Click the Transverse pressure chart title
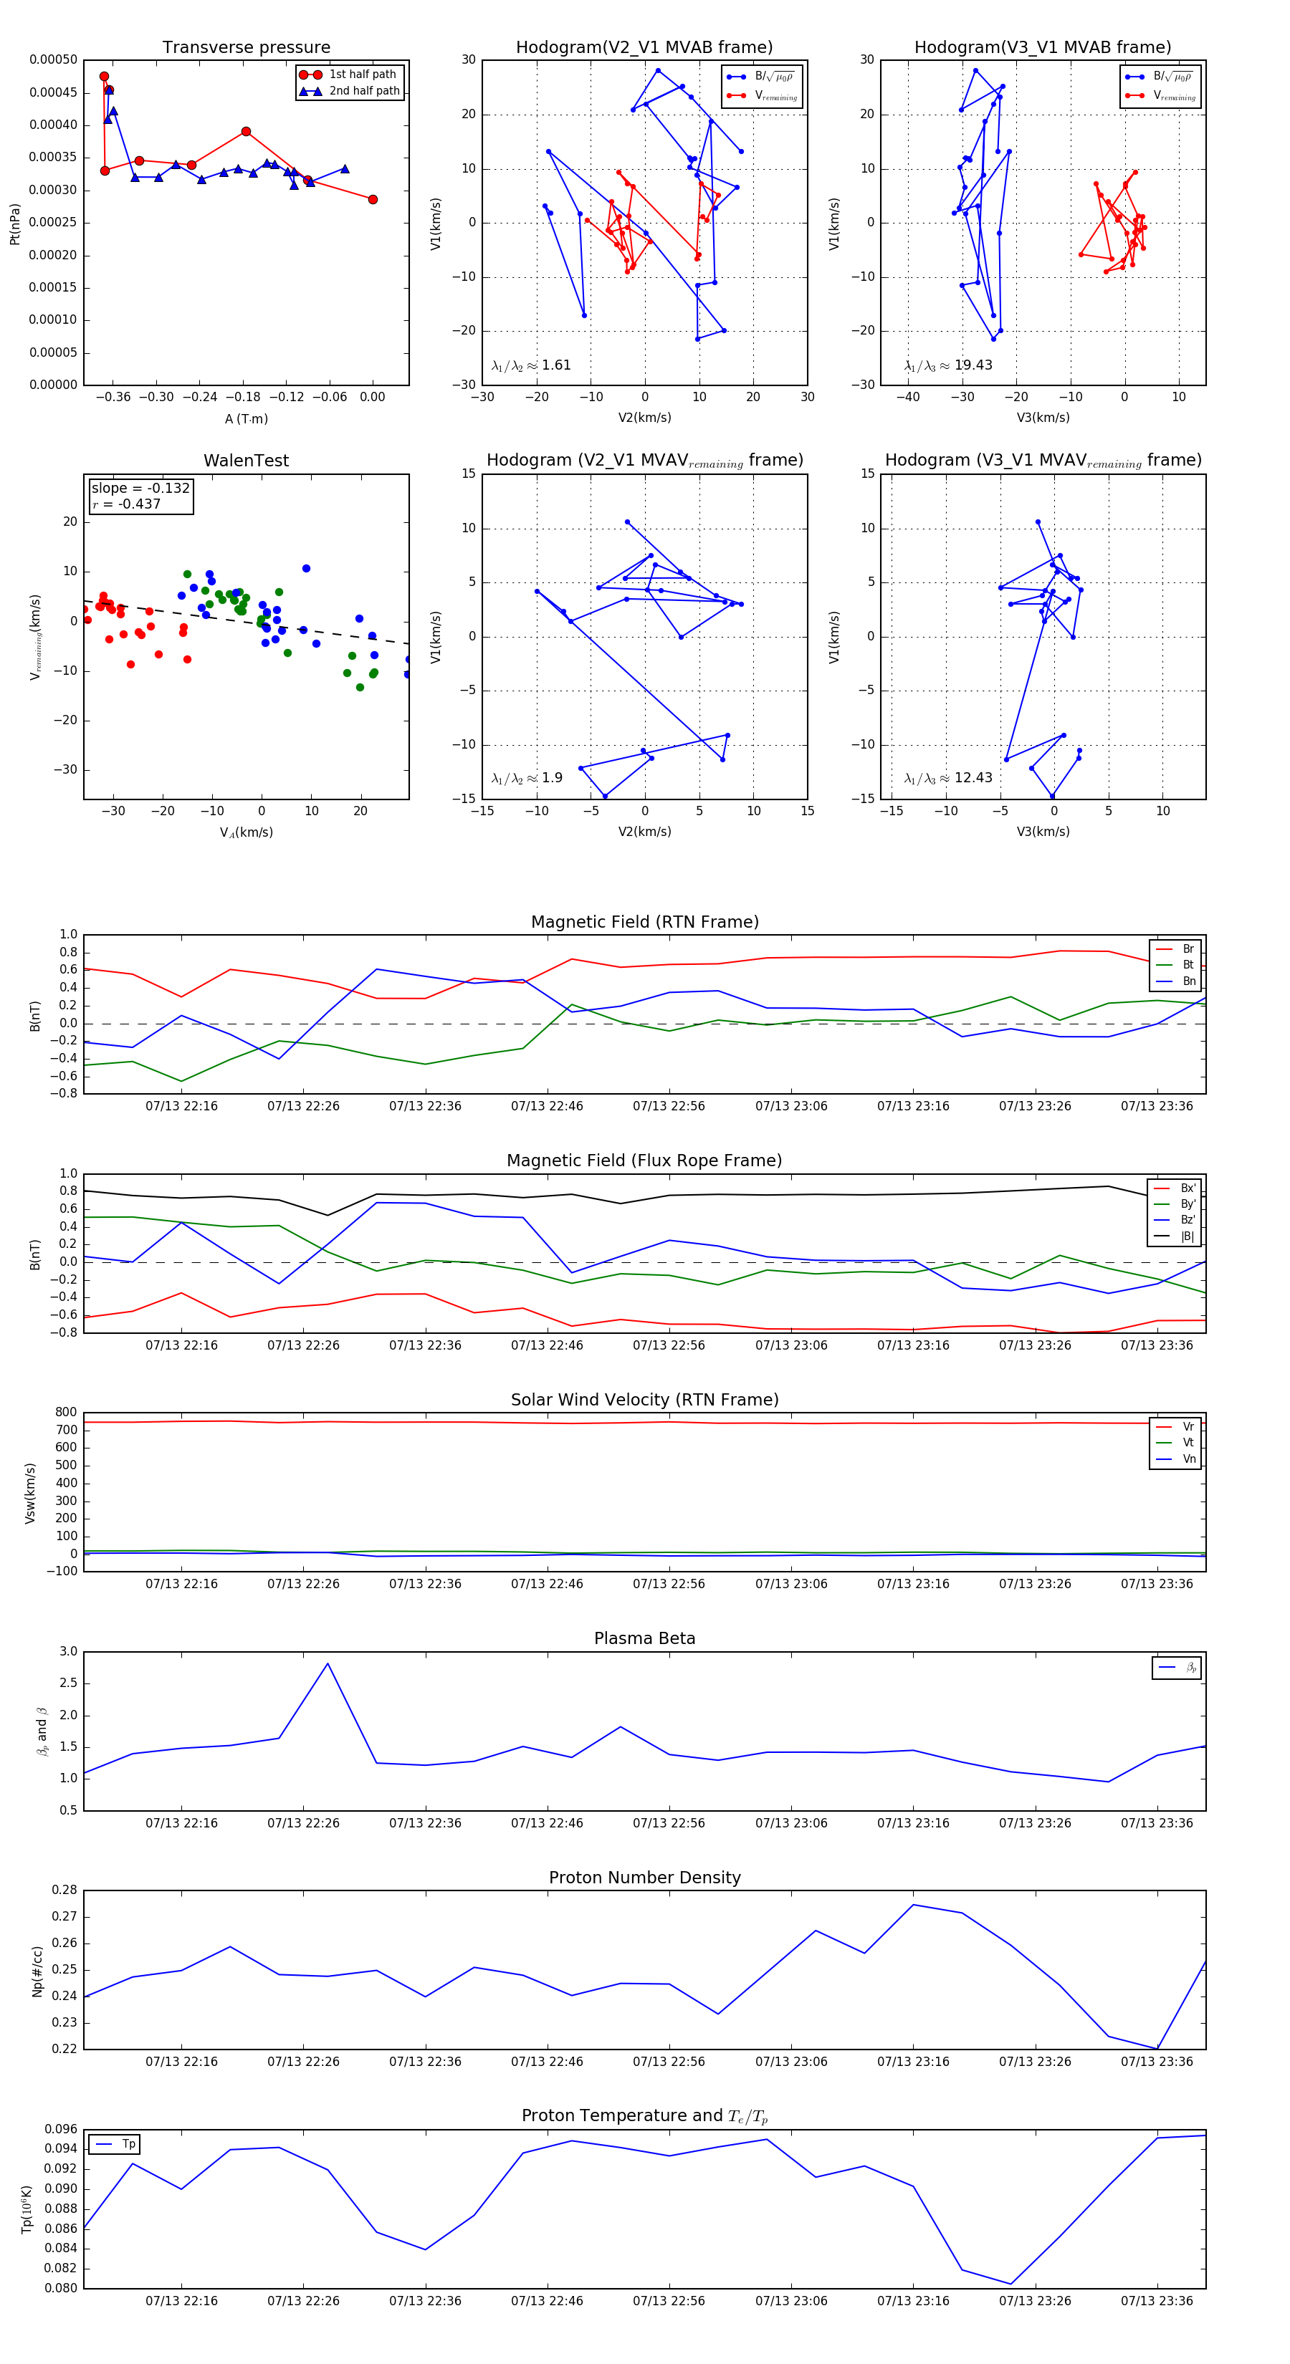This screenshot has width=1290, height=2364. [x=246, y=48]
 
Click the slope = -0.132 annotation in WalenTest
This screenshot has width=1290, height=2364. [x=140, y=489]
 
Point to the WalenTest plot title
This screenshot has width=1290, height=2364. [x=246, y=461]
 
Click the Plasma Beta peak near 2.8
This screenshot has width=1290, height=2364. [x=328, y=1664]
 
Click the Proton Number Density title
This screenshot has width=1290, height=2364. [x=644, y=1878]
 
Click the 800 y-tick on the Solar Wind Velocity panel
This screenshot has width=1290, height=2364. [x=66, y=1413]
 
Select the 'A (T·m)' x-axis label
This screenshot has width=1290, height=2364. [x=246, y=418]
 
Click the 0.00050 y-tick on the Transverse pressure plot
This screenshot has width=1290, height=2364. [x=53, y=59]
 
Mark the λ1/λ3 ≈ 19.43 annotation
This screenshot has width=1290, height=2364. [x=947, y=365]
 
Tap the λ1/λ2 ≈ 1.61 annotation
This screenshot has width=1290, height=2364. [x=530, y=365]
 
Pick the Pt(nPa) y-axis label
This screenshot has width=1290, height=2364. [x=14, y=223]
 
